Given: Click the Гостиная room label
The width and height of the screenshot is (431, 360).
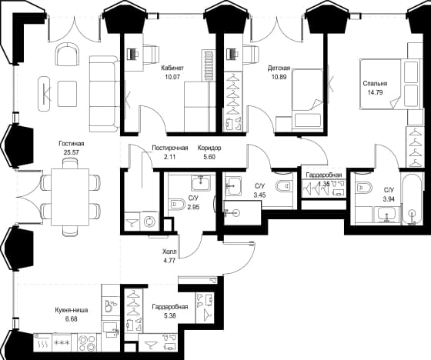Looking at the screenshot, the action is coord(71,143).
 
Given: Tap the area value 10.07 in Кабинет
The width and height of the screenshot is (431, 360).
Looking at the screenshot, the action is coord(172,77).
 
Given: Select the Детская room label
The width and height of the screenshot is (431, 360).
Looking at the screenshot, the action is coord(279,68).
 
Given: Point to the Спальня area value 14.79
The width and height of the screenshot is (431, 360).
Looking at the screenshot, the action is coord(375,92).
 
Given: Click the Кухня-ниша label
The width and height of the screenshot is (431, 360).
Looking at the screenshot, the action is coord(71,310).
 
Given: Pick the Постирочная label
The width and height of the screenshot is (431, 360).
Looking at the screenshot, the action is coord(170,148).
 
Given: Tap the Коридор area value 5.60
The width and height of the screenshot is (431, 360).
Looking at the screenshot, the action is coord(209,157).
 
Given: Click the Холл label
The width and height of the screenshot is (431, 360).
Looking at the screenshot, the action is coord(169,252).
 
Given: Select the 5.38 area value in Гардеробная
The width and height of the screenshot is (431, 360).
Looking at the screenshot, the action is coord(170,316).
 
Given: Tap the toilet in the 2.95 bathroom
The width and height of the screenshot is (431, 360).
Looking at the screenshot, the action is coord(177,204).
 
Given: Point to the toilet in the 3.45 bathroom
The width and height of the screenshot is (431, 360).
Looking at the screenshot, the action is coord(285,187).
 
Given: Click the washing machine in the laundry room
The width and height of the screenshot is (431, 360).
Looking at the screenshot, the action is coord(149,221).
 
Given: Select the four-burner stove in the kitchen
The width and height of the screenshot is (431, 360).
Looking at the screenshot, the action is coord(87,342).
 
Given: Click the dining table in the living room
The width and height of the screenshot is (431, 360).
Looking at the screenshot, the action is coord(70,197).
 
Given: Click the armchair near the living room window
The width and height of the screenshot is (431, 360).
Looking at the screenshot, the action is coord(67,55).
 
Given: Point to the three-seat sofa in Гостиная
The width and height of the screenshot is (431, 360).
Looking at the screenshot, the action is coord(104,94).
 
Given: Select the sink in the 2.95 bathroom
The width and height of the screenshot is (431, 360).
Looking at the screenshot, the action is coord(201,182).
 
